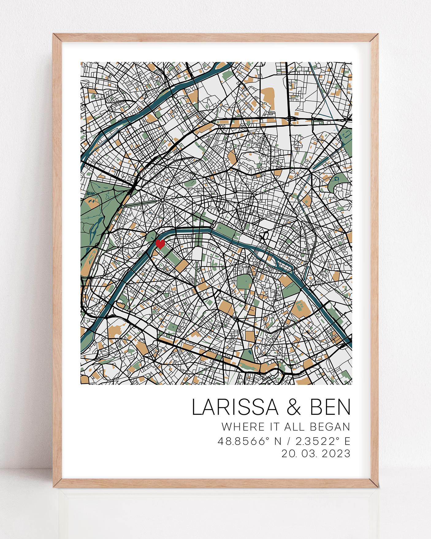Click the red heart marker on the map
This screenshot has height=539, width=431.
coord(160,244)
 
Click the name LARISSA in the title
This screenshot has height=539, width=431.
coord(235,407)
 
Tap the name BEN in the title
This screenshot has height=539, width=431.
coord(330,407)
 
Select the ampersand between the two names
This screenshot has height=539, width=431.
coord(294,408)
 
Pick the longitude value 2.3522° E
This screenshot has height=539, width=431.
coord(323,441)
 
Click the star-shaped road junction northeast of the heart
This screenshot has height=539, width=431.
coord(163,200)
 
